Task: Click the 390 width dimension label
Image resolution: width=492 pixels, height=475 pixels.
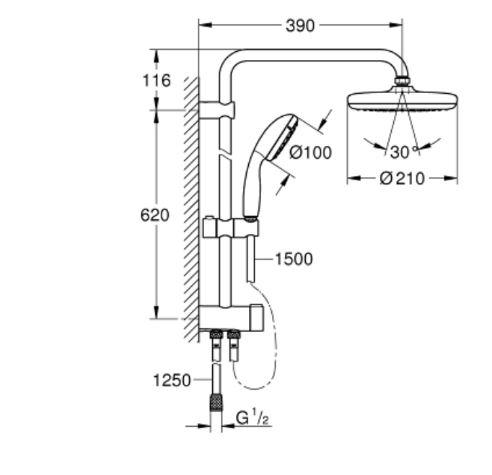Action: coord(300,26)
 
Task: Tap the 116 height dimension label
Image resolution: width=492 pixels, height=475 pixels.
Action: coord(157,80)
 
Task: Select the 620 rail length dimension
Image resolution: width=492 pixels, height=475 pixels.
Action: coord(154,215)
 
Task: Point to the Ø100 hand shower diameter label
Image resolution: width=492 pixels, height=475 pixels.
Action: coord(310,153)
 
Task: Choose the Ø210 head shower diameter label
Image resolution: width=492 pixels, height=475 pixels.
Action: coord(403,178)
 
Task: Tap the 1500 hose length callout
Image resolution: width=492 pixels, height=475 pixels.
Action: coord(294,259)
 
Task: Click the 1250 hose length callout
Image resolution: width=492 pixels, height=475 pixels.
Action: coord(172,380)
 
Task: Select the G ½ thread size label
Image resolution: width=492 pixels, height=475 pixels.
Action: coord(252,418)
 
